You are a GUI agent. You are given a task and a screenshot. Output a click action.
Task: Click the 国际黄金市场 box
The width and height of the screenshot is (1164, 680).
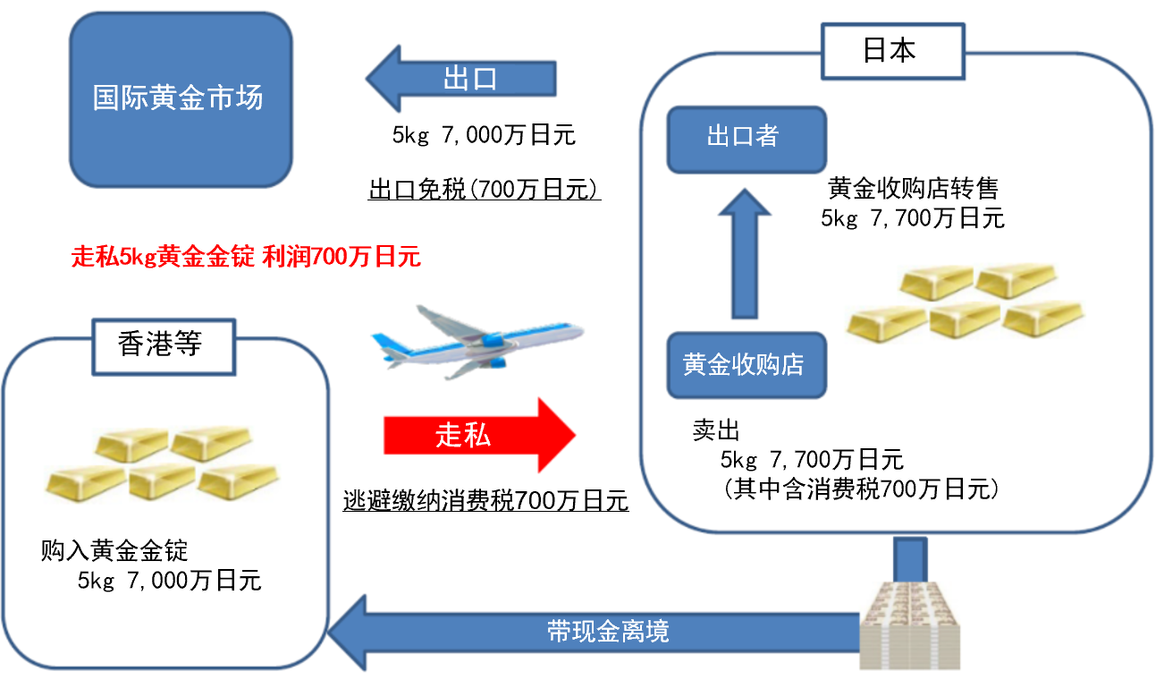coord(180,98)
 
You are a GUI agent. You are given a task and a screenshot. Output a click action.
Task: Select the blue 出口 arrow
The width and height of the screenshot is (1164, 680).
coord(461,79)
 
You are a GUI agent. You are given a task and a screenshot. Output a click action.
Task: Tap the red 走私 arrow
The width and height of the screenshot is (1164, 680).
coord(479,436)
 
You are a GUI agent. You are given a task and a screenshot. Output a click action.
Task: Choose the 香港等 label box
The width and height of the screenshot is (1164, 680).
coord(161,344)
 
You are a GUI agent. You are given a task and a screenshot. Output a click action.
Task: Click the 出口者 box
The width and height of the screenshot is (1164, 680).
coord(746,139)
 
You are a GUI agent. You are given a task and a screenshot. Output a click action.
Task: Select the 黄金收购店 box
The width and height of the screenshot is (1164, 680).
coord(746,365)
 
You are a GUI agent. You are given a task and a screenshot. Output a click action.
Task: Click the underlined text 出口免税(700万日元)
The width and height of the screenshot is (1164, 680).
coord(484,191)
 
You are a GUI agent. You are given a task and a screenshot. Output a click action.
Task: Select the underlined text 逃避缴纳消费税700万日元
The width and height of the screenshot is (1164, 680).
coord(485,501)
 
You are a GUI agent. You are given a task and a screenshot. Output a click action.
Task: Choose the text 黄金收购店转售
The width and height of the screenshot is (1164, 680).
coord(912,189)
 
